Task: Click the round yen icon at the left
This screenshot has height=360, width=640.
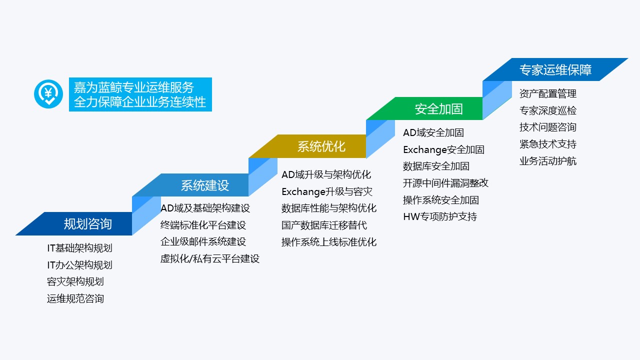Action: click(x=48, y=94)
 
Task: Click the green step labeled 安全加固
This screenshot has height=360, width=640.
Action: click(x=438, y=108)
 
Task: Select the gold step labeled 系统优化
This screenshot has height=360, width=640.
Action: click(x=321, y=146)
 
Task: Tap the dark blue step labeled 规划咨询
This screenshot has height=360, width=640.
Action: click(x=87, y=223)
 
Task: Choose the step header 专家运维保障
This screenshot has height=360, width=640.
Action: click(x=555, y=69)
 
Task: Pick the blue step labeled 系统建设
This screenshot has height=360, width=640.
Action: click(x=204, y=185)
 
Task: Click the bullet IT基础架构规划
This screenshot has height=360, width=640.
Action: click(x=79, y=248)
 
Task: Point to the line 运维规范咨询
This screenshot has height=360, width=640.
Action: click(x=75, y=299)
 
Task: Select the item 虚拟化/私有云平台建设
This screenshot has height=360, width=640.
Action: click(x=210, y=259)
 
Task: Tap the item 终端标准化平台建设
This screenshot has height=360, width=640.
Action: click(x=203, y=225)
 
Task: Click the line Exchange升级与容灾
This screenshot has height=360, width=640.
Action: click(x=326, y=191)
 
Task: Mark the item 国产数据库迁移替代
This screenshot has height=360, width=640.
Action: click(x=324, y=225)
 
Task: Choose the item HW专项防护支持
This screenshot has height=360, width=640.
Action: click(x=440, y=217)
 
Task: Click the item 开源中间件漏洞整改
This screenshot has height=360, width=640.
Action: click(x=445, y=183)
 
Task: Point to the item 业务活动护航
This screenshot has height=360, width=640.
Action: click(x=547, y=161)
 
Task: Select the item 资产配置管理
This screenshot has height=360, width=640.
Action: click(x=547, y=94)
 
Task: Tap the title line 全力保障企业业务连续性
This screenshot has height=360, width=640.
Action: click(x=139, y=102)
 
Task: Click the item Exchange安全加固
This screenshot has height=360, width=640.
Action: click(x=443, y=149)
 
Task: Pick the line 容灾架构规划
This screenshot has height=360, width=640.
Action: click(x=75, y=282)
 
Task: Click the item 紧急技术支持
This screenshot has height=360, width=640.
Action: click(x=547, y=144)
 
